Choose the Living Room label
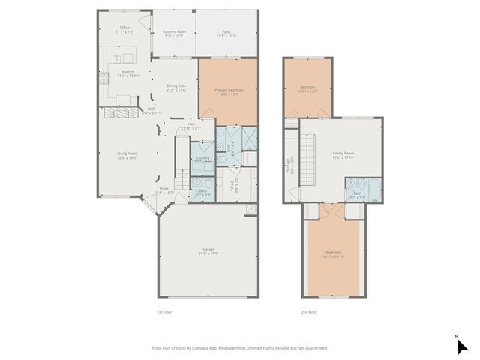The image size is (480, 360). pyautogui.click(x=127, y=155)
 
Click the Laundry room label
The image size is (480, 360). pyautogui.click(x=202, y=158)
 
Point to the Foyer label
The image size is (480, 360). pyautogui.click(x=164, y=190)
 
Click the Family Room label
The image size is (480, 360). pyautogui.click(x=343, y=155)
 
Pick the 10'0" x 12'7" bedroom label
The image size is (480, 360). pyautogui.click(x=308, y=89)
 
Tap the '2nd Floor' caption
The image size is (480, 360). pyautogui.click(x=309, y=312)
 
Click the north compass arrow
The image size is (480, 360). pyautogui.click(x=462, y=345)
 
